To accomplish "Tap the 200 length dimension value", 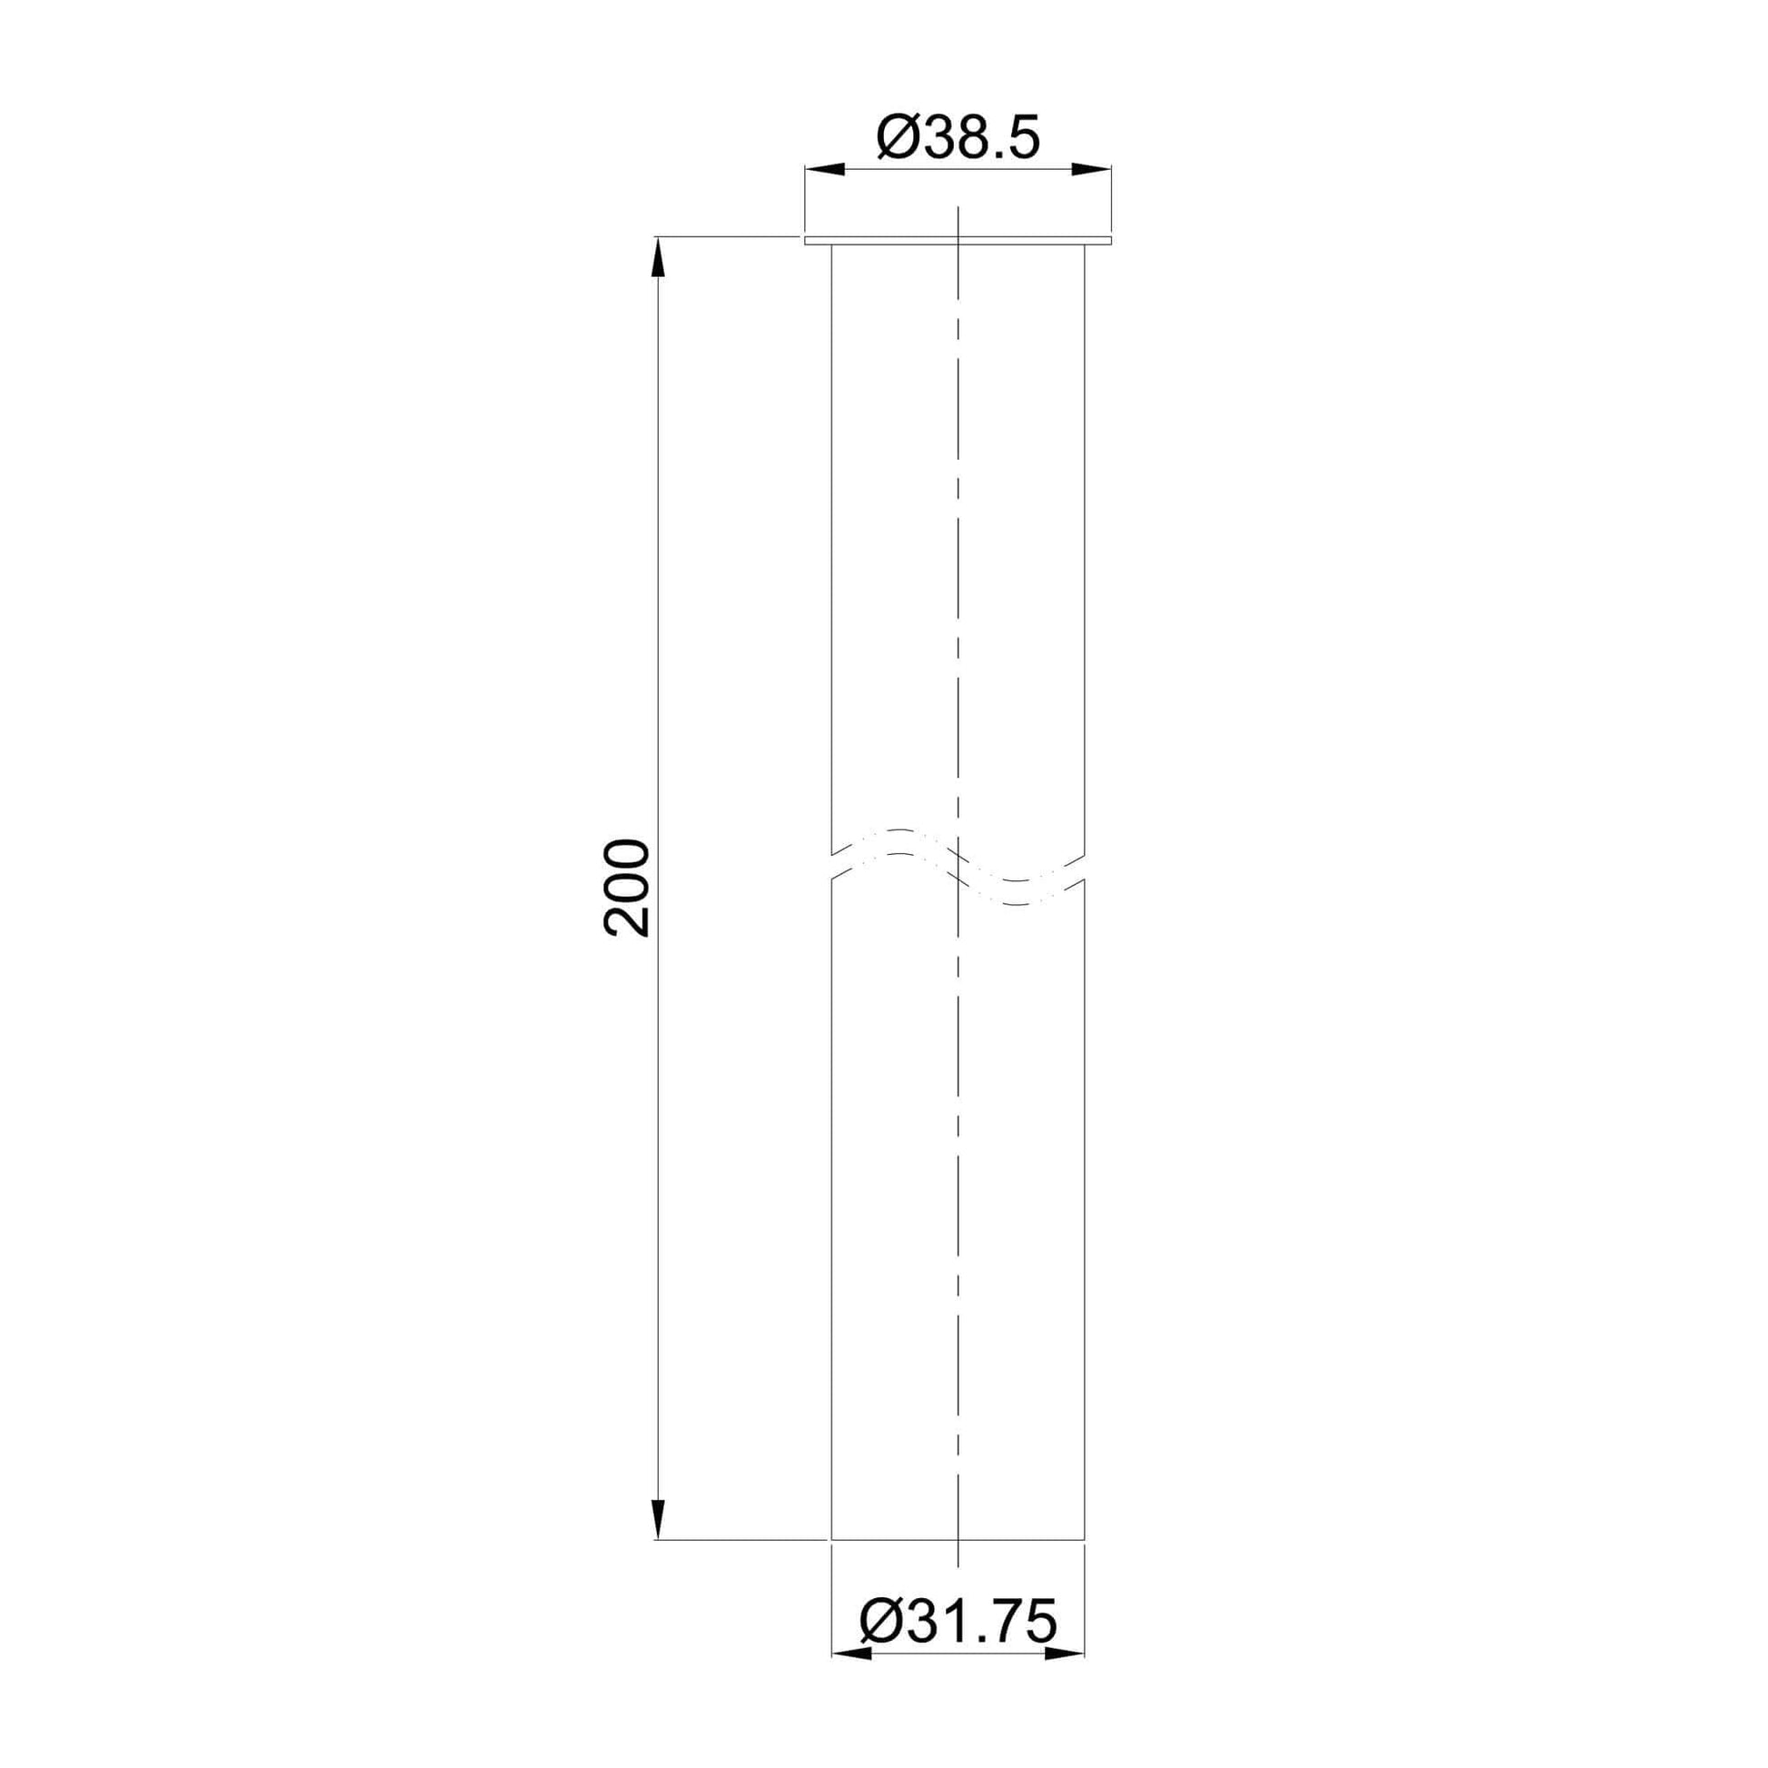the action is [627, 888].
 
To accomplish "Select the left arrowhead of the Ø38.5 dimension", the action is [825, 169].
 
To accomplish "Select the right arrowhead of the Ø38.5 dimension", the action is [1091, 169].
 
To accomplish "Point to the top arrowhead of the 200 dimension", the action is [657, 257].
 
